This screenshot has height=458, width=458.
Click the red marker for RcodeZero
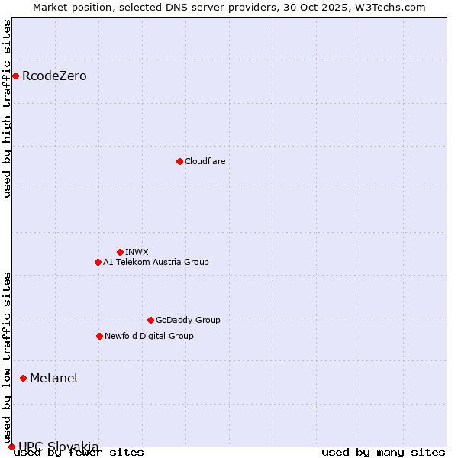(x=15, y=76)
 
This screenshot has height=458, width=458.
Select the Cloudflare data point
(x=179, y=161)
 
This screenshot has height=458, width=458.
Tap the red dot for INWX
(x=120, y=252)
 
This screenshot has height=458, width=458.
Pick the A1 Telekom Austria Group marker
(x=98, y=262)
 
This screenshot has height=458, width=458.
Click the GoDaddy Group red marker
(x=150, y=320)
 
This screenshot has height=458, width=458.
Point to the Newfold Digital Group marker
(x=99, y=336)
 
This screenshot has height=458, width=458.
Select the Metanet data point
(x=23, y=378)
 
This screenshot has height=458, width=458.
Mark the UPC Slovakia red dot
(x=11, y=447)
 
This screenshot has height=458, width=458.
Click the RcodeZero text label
(x=54, y=76)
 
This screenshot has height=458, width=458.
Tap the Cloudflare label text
(x=205, y=161)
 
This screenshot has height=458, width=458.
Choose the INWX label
(x=137, y=252)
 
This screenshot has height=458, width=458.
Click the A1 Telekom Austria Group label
(x=156, y=262)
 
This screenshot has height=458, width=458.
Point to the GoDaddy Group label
(x=188, y=320)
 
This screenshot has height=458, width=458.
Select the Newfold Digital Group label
(x=149, y=336)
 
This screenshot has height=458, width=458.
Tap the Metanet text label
(x=54, y=378)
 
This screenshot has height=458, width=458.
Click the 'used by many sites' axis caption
(x=383, y=452)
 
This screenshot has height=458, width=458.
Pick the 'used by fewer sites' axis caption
(x=79, y=452)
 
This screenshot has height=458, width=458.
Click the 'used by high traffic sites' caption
(x=8, y=108)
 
